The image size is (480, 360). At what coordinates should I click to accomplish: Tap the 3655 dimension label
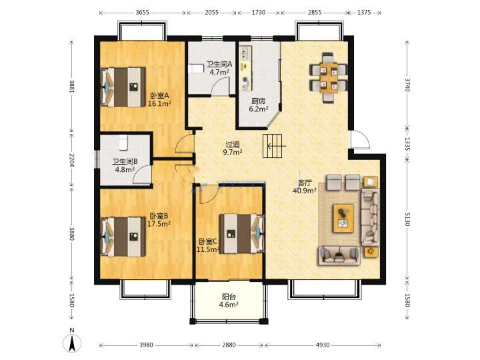143,13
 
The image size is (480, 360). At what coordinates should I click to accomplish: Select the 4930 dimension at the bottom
323,345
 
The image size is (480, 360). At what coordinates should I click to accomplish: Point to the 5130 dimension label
407,219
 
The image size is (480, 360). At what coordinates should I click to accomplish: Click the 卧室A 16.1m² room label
159,100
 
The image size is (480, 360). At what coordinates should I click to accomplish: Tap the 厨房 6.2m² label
259,105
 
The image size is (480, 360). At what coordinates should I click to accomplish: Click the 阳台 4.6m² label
229,301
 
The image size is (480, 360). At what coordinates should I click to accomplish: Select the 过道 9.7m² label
233,148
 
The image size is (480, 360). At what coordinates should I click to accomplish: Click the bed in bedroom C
242,233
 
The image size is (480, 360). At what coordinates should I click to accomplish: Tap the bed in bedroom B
123,237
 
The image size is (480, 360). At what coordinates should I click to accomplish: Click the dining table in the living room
329,78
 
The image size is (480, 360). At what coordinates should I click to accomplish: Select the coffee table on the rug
343,218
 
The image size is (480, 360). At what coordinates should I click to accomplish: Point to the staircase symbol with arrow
273,146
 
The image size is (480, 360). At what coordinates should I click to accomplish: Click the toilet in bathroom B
123,143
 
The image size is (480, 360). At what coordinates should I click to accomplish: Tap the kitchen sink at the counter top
245,53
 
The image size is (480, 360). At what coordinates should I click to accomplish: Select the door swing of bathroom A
221,87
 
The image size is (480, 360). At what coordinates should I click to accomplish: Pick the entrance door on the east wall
360,139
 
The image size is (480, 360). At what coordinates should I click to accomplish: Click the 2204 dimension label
71,160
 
